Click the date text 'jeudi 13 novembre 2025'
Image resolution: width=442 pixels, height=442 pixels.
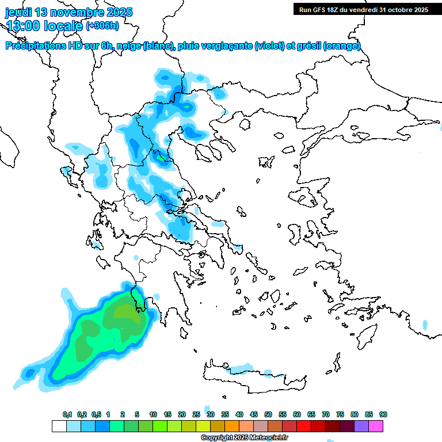[69, 12]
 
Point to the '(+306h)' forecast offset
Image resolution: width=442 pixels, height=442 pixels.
[102, 25]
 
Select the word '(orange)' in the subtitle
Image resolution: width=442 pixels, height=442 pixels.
[342, 46]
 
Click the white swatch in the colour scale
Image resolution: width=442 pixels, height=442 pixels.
[59, 426]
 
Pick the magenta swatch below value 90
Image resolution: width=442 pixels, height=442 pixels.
[376, 426]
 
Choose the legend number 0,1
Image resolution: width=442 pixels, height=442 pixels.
[67, 415]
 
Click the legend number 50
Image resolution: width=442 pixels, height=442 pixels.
[268, 415]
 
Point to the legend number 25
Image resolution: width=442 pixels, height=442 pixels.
[196, 415]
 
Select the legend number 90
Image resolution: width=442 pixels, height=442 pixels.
[383, 415]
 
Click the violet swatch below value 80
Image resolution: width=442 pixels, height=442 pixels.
[361, 426]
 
